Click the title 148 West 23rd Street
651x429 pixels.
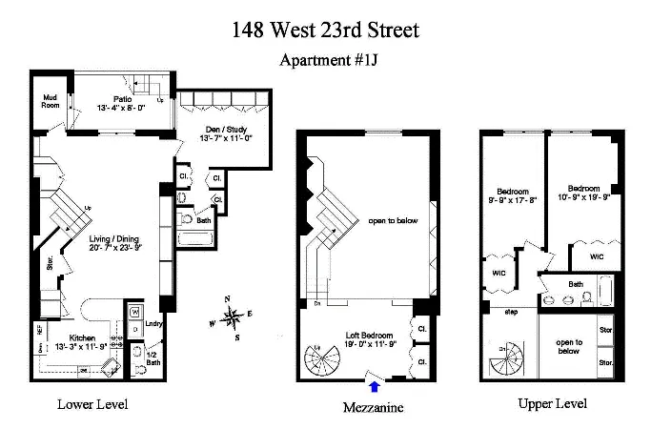coord(325,30)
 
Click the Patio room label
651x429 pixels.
coord(122,98)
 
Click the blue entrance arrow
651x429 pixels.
coord(374,386)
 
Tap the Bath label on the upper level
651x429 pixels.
coord(576,284)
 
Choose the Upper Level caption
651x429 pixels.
coord(552,404)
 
